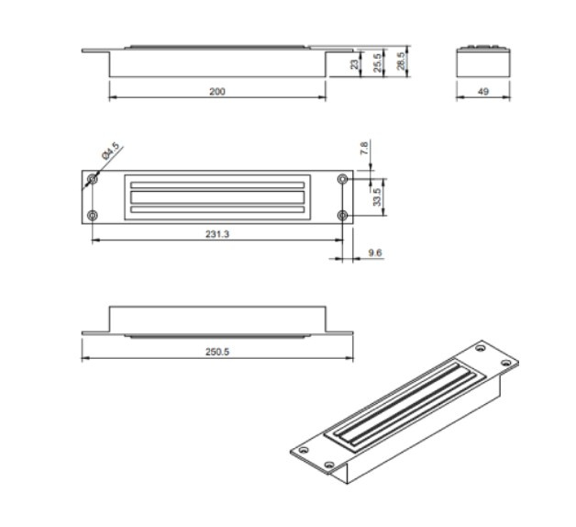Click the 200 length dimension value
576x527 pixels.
pos(216,92)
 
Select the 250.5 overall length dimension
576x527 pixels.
pos(216,352)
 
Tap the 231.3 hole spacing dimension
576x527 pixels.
pos(216,234)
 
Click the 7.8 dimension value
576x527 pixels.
pos(364,147)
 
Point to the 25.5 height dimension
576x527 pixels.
pos(377,64)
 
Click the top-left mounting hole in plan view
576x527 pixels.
pos(92,178)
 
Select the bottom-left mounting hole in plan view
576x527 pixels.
pos(92,215)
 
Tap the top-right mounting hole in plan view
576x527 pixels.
pos(343,178)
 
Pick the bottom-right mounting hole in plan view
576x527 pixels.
pos(343,215)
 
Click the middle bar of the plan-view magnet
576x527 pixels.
pos(217,196)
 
